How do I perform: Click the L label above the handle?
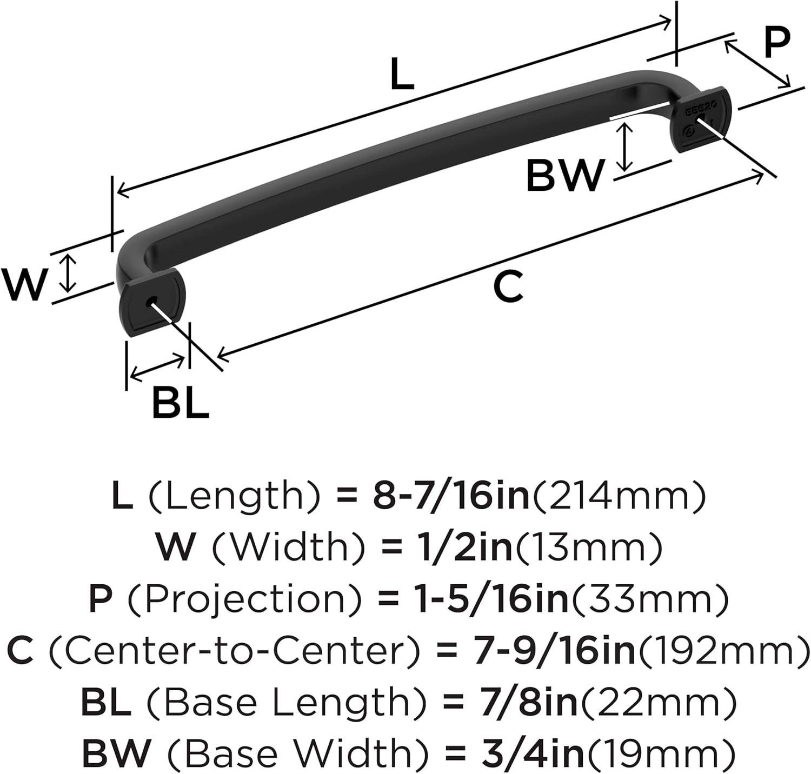402,75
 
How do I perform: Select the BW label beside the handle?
564,175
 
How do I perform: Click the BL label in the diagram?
180,403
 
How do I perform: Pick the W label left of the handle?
24,284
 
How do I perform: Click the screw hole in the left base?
151,300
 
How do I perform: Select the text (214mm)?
620,496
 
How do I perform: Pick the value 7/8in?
513,702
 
